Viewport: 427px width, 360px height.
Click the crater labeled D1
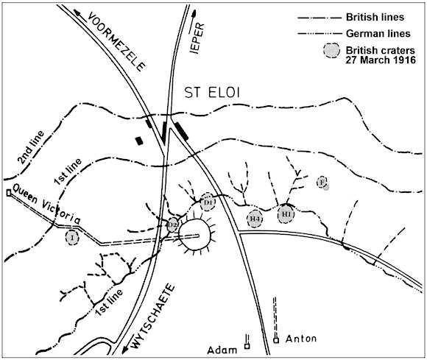[x=208, y=200]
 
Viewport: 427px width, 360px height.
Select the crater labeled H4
[x=255, y=218]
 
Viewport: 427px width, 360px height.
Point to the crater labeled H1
[x=286, y=213]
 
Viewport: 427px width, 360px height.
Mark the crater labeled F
[x=322, y=182]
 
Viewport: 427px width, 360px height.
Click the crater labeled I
[x=72, y=237]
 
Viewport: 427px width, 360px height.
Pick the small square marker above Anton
[x=276, y=340]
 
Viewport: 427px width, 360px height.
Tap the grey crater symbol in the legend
[x=332, y=50]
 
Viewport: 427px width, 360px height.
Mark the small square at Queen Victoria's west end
[x=8, y=193]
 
